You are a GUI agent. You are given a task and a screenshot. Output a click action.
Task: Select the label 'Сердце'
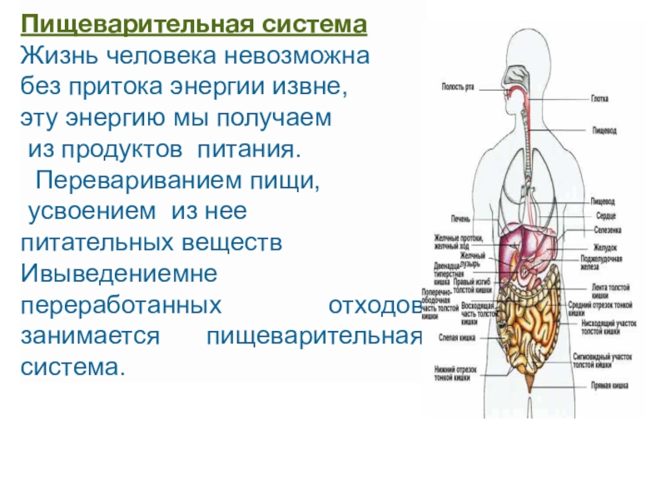click(x=605, y=215)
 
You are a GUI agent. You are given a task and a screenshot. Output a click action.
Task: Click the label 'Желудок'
click(x=605, y=246)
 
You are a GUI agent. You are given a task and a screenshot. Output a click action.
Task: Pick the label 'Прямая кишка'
click(x=609, y=386)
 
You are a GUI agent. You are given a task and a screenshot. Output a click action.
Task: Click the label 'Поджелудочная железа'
click(x=607, y=263)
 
